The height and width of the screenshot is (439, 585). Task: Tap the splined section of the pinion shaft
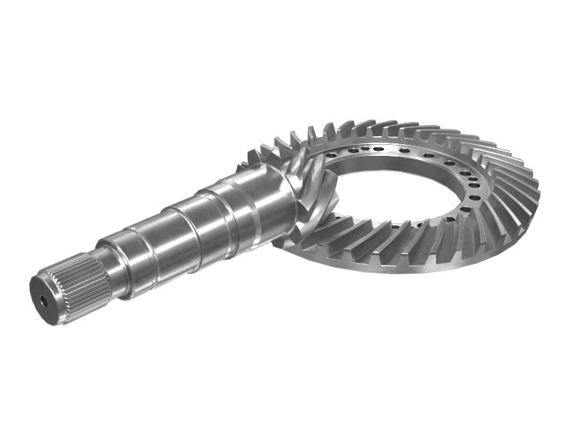pos(77,290)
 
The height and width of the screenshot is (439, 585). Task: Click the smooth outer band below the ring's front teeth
pos(409,265)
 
